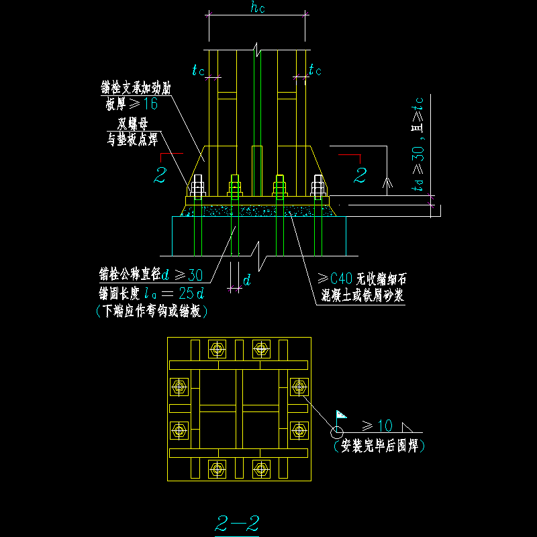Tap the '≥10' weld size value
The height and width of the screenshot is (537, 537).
point(377,425)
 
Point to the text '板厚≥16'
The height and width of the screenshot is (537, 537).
point(131,103)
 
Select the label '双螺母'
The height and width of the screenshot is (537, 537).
point(132,123)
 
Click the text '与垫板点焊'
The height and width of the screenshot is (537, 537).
point(132,140)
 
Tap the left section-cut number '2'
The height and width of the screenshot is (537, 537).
point(160,176)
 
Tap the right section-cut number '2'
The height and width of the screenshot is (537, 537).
point(360,176)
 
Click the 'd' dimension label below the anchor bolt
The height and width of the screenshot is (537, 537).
point(246,281)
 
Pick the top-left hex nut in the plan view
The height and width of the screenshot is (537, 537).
point(217,348)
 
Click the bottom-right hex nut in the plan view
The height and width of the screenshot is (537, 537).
point(261,468)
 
